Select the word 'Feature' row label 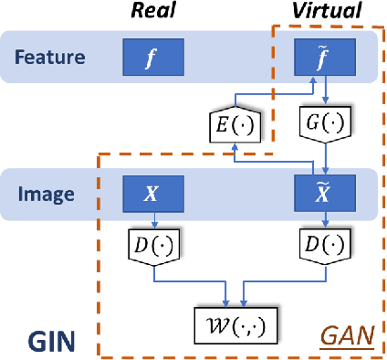[x=50, y=57]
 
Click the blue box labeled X [x=154, y=195]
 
